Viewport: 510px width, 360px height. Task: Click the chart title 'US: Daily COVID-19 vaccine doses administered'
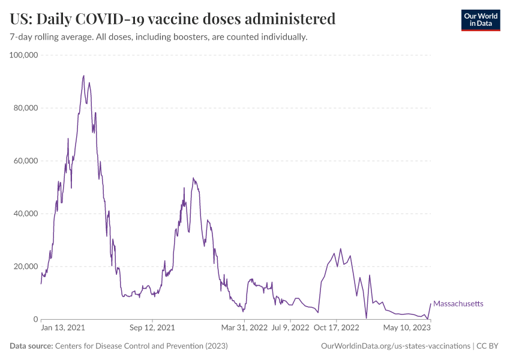pos(173,19)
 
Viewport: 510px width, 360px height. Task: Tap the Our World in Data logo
pos(480,20)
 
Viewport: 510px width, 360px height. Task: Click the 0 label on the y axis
pos(36,319)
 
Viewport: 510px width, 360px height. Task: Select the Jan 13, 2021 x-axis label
pos(63,328)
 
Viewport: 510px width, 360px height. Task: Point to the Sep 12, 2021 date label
pos(152,328)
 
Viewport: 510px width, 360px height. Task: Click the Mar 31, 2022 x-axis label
pos(244,328)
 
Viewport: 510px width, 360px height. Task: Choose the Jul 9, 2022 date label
pos(290,328)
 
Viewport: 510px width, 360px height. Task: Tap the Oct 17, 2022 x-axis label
pos(337,328)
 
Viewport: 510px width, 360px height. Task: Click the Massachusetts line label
pos(458,304)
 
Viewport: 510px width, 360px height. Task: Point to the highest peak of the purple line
pos(83,76)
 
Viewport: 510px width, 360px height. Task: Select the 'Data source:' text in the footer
pos(31,346)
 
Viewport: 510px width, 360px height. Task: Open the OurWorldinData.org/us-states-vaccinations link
pos(396,346)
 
